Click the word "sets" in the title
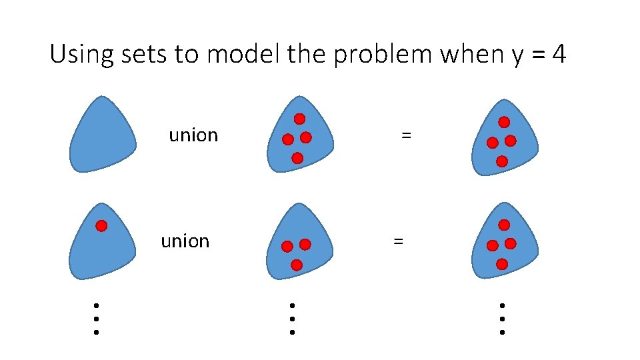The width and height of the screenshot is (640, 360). point(145,54)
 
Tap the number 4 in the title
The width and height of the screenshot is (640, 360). point(559,54)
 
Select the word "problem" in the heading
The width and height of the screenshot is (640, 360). point(383,55)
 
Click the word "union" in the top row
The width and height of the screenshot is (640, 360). point(193,135)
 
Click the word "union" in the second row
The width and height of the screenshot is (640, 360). point(185,241)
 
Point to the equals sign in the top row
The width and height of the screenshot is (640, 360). point(406,135)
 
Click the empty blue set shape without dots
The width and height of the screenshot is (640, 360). point(102,137)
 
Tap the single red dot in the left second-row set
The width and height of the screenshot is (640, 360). point(101,225)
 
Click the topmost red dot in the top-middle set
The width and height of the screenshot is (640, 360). point(300,119)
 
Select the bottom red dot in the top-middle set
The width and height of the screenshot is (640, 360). point(297,158)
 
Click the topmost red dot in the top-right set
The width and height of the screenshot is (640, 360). point(504,122)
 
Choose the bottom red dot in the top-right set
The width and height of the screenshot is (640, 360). point(501,161)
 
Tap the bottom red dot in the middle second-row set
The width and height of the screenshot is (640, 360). point(297,265)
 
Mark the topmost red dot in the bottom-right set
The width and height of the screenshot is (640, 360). point(504,225)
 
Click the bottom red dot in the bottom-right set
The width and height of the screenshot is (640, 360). point(501,264)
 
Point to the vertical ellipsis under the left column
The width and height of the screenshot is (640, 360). point(96,318)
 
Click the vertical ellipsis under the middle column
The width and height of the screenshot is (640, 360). point(292,318)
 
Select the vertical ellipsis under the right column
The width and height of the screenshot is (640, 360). point(502,318)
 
